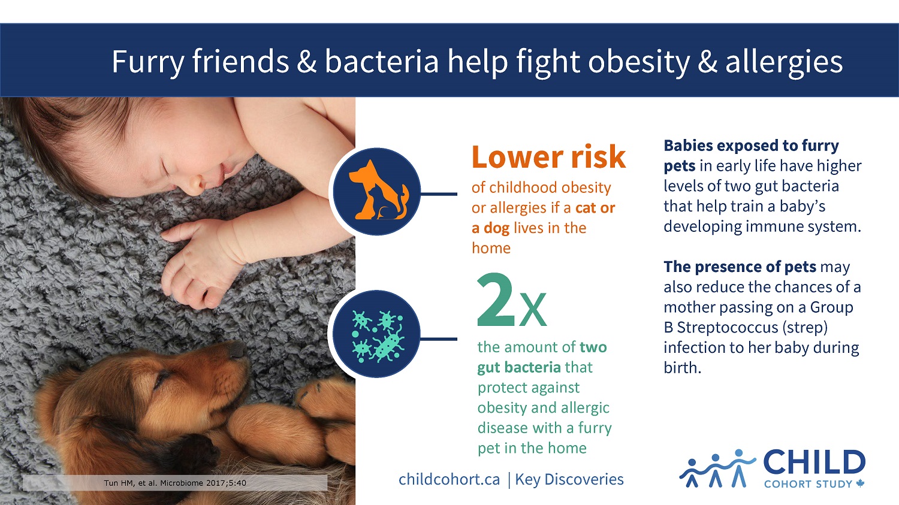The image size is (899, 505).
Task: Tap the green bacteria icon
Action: click(x=376, y=335)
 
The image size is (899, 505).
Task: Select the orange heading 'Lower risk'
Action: click(x=548, y=158)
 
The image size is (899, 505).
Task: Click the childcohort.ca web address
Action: click(x=449, y=480)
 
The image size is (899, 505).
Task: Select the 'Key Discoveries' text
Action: click(x=569, y=480)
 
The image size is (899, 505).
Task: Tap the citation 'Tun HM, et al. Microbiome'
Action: click(x=175, y=483)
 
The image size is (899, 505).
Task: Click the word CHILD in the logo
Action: click(x=814, y=463)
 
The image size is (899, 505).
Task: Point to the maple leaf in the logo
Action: click(x=860, y=483)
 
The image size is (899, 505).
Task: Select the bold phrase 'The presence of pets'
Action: click(x=740, y=267)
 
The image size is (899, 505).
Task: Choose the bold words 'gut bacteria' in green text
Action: click(x=519, y=367)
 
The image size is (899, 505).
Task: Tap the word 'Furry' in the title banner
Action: click(x=148, y=62)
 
